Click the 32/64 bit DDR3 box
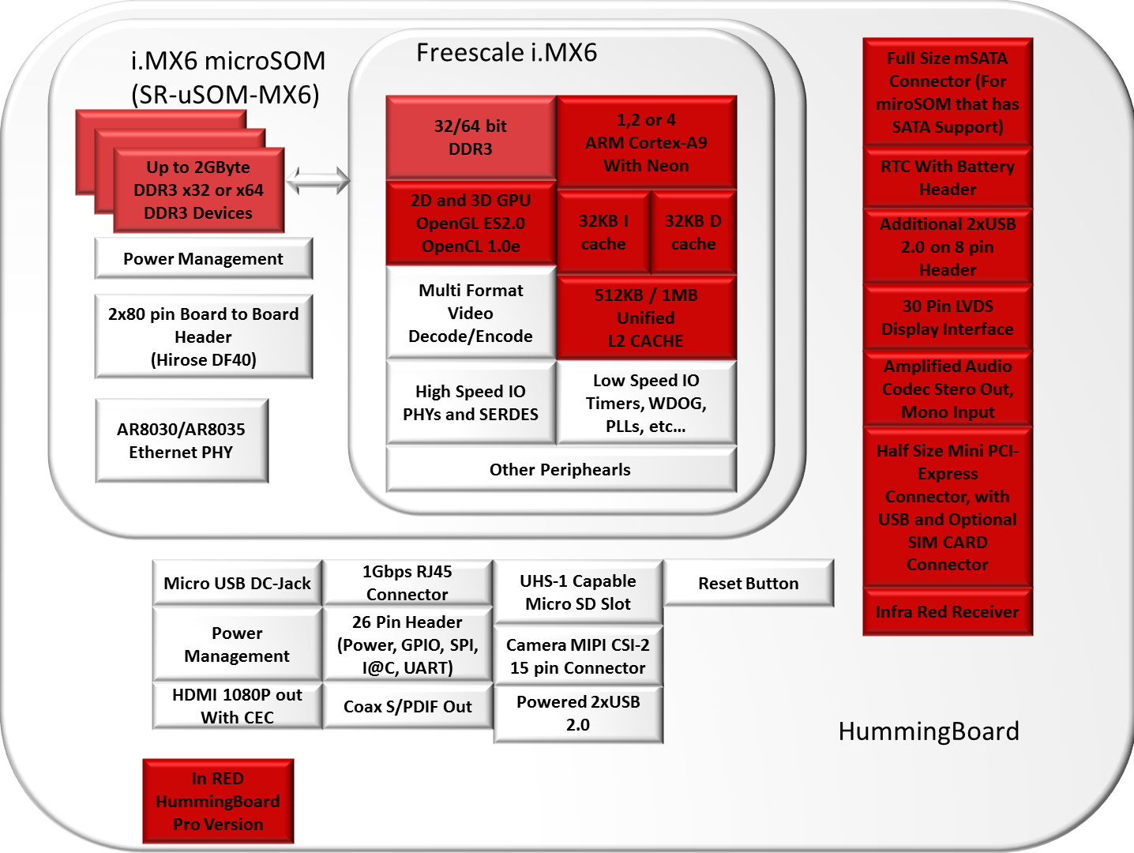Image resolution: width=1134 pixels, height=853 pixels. [471, 137]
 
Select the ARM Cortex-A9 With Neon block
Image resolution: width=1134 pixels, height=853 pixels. [646, 143]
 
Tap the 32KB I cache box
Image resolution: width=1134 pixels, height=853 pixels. [603, 232]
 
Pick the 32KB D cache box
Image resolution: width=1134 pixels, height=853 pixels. [693, 232]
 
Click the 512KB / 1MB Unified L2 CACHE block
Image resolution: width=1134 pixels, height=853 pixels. [646, 318]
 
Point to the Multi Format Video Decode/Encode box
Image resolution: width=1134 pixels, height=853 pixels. [471, 314]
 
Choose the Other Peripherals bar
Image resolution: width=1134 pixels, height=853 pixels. [561, 470]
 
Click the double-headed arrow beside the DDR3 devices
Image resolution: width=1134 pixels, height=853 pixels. [317, 180]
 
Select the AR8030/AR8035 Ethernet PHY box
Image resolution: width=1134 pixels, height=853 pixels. [182, 441]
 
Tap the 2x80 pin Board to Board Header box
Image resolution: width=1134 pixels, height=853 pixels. [204, 336]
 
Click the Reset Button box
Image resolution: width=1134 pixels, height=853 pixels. [749, 584]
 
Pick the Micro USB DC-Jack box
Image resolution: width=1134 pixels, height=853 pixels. [238, 584]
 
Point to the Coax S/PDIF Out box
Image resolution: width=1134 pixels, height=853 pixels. [407, 707]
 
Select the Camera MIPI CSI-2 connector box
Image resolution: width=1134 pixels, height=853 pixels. [578, 656]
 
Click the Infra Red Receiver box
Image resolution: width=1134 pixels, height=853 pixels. [948, 612]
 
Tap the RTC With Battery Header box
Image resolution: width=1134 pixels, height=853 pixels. [948, 178]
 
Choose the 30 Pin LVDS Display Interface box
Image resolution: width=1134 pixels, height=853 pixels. [948, 318]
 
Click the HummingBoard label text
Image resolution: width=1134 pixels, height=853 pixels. [929, 731]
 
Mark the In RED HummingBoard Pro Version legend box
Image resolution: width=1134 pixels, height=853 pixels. [218, 801]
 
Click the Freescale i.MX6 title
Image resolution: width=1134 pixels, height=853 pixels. [507, 53]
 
